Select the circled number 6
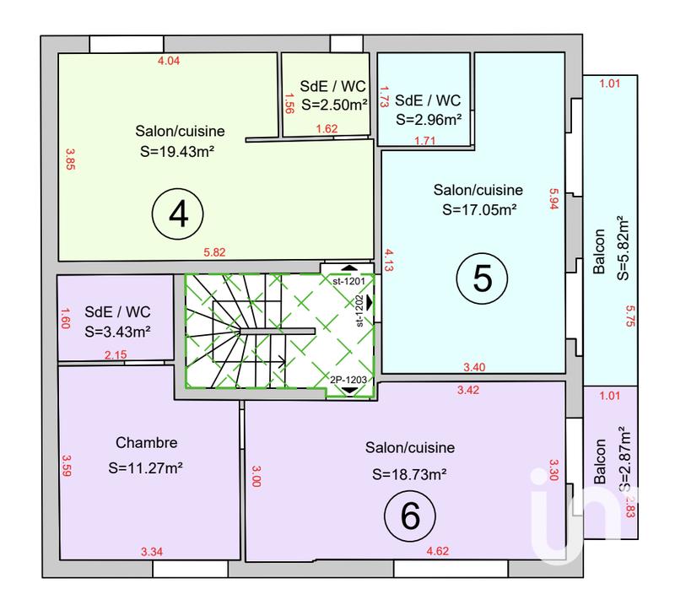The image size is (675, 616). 410,514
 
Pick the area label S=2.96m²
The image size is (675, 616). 428,120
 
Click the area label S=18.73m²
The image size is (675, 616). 410,475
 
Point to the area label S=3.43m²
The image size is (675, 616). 117,332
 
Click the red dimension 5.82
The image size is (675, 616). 215,252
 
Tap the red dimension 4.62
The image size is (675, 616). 438,552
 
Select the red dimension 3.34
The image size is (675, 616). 152,552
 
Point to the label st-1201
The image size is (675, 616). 347,281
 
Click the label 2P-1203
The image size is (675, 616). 348,379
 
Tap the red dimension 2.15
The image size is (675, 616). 115,355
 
